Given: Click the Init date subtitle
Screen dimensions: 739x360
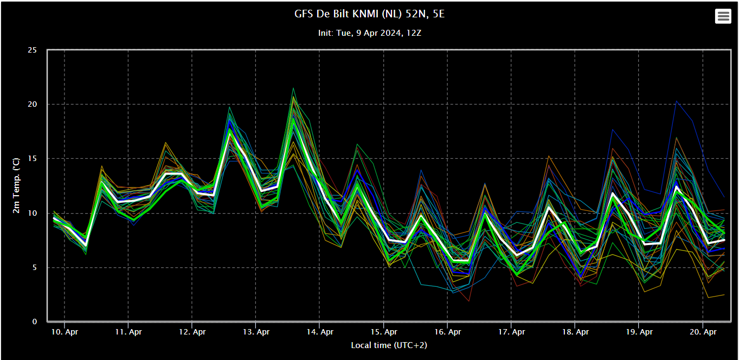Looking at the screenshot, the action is (370, 33).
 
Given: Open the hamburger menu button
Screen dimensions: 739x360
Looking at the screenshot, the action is (723, 16).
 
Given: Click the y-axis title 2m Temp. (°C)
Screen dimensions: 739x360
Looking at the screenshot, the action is (16, 186).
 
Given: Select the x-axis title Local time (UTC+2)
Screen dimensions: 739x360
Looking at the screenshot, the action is (389, 345).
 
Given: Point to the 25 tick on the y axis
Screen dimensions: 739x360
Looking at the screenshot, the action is (33, 50).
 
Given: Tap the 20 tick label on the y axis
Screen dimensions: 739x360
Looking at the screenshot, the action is (33, 104).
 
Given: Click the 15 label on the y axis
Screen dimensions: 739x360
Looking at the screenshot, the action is (33, 159).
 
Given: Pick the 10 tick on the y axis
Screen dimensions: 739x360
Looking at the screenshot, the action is (33, 213).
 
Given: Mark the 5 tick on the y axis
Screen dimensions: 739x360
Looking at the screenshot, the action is (35, 268).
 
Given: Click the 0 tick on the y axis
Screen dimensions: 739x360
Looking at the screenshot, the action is (35, 322).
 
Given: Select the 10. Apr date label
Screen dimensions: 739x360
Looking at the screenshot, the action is (65, 332).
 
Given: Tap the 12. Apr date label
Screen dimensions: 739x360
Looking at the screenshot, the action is (192, 332).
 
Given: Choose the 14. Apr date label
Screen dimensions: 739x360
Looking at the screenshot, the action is (320, 332).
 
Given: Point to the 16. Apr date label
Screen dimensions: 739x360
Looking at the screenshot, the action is (448, 332).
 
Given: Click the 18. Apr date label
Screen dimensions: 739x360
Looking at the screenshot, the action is (575, 332).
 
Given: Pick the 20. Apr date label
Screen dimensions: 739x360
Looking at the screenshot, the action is (703, 332).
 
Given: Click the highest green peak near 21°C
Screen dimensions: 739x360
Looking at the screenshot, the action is (293, 88).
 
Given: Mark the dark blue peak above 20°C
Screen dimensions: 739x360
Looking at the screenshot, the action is (676, 101).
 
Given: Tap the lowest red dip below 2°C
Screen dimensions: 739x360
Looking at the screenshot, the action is (469, 301).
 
